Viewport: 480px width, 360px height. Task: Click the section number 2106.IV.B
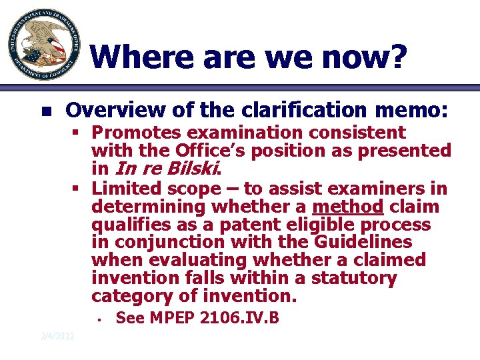243,319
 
